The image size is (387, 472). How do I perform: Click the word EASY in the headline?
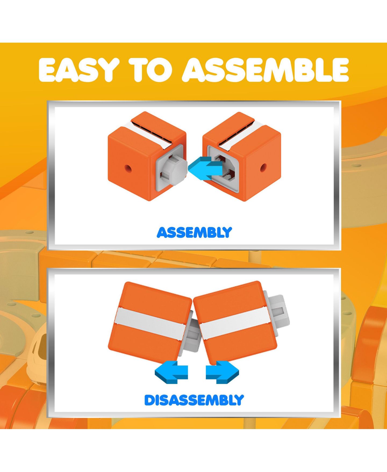tap(79, 69)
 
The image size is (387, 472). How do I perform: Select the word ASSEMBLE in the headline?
tap(266, 69)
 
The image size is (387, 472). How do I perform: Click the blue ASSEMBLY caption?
tap(194, 232)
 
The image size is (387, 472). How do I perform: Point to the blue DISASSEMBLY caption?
tap(194, 400)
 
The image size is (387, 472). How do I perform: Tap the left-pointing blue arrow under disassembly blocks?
tap(171, 372)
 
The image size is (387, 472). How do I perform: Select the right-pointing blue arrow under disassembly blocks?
tap(222, 372)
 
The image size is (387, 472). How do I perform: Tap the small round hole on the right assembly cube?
tap(263, 168)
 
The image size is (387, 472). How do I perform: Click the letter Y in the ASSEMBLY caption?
tap(227, 232)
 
